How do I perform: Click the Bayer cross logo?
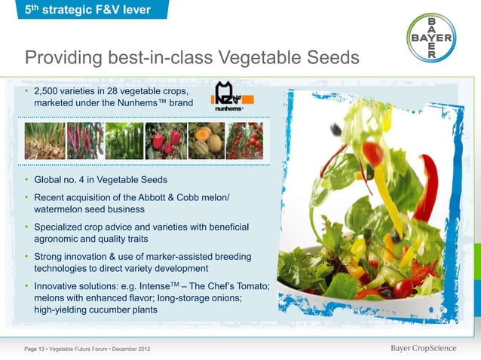[441, 38]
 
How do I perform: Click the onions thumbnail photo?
[44, 141]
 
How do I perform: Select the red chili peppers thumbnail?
[84, 141]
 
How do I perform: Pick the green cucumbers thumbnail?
[124, 141]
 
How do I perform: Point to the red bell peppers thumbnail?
[164, 141]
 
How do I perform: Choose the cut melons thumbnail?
[204, 141]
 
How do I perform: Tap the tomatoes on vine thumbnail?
[244, 141]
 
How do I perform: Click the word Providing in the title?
[68, 58]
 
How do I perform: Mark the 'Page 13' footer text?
[35, 348]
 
